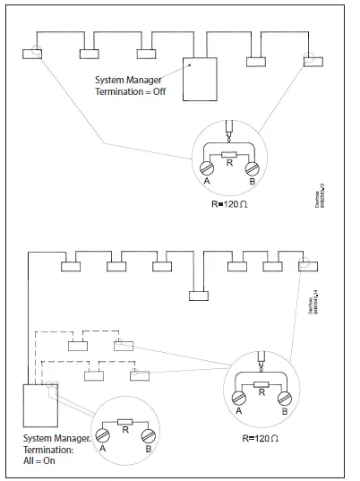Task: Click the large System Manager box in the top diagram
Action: click(199, 80)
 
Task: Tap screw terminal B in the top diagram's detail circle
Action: click(252, 167)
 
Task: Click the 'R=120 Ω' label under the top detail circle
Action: click(229, 203)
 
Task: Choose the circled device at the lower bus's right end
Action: click(304, 265)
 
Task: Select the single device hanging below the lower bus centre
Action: click(198, 296)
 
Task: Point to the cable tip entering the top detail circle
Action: click(231, 130)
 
